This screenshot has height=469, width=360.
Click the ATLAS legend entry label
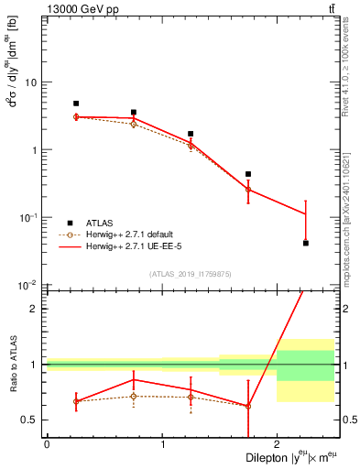click(100, 223)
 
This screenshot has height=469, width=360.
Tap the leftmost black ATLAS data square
click(76, 104)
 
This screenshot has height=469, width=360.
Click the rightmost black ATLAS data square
click(305, 243)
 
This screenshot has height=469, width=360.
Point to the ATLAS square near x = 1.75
click(248, 174)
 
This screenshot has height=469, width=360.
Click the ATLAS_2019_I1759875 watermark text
click(191, 274)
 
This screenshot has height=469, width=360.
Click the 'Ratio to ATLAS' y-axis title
click(12, 364)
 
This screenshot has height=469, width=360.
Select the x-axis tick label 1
click(162, 445)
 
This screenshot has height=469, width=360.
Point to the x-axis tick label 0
click(47, 445)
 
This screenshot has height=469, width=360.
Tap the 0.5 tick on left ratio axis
click(31, 420)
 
